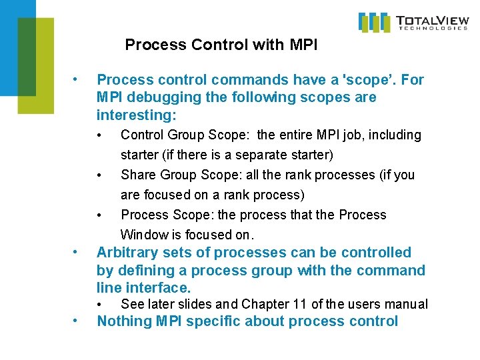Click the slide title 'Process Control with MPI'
tap(221, 45)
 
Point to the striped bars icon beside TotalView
tap(374, 22)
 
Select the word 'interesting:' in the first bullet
tap(137, 115)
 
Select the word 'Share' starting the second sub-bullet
tap(138, 175)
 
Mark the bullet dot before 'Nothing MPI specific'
tap(78, 321)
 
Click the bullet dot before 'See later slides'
tap(99, 305)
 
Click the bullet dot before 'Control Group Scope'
tap(99, 135)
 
